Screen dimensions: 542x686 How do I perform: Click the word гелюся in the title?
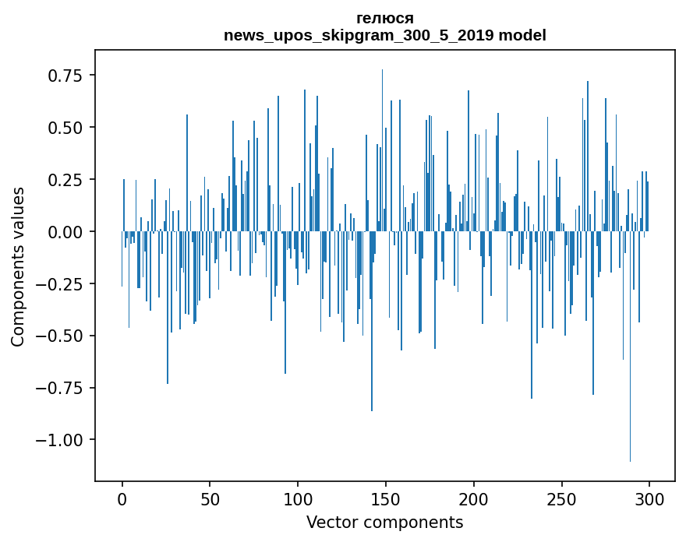tap(385, 18)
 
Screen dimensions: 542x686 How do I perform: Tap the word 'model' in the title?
tap(522, 36)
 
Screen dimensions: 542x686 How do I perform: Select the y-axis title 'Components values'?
tap(18, 266)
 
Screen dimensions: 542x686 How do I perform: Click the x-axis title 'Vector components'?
tap(384, 523)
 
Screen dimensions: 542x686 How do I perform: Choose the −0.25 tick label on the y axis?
tap(61, 284)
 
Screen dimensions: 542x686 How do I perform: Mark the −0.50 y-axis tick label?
tap(61, 336)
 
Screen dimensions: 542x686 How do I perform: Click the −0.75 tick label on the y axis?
tap(61, 388)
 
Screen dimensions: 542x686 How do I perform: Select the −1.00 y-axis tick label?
tap(61, 440)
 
